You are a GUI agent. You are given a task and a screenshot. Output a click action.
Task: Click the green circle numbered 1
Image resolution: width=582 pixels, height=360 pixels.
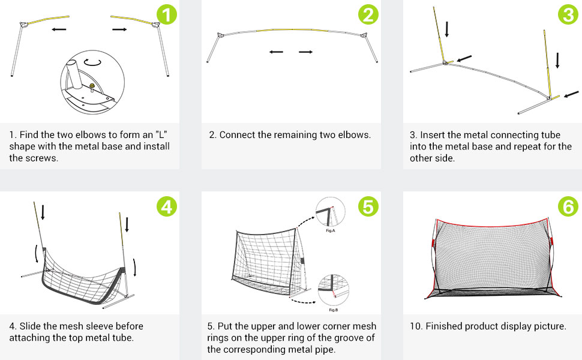coord(168,14)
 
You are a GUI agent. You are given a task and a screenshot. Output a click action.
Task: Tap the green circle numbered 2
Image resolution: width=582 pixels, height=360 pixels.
coord(369,14)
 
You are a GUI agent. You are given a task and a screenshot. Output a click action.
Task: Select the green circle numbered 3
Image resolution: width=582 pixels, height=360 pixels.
coord(568,14)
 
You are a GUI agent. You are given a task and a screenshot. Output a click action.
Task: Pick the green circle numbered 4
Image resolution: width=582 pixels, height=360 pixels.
coord(168,206)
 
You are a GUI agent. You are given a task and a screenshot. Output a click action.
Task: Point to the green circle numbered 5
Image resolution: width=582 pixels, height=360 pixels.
coord(369,206)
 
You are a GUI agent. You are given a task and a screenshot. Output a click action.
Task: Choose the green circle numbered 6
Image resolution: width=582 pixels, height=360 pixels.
coord(568,206)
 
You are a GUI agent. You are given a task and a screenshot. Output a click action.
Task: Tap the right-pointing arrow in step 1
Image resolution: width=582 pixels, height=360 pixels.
coord(119,28)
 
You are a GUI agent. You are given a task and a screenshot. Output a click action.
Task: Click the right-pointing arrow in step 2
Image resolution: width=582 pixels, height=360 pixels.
coord(306,52)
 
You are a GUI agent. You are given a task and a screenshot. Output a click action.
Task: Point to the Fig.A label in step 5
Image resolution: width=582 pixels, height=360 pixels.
coord(331,229)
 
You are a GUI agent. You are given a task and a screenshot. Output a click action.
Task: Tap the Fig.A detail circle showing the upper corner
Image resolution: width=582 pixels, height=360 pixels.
coord(331,212)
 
